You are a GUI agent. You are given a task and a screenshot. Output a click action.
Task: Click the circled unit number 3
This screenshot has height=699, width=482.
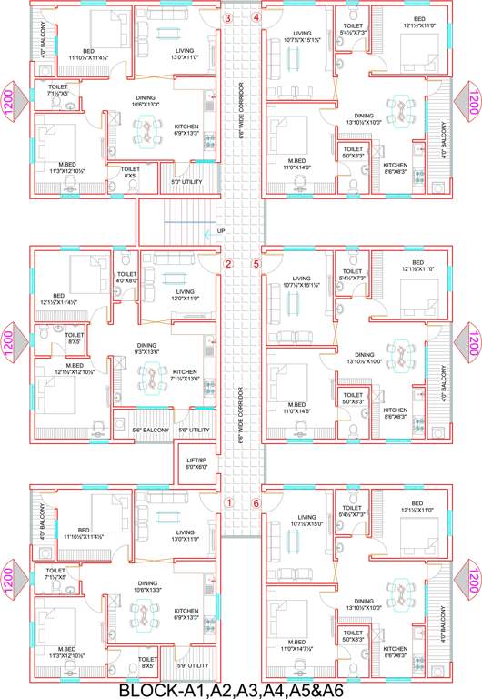[x=228, y=17]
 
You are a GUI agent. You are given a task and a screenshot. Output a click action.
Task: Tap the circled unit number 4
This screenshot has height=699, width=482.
[x=256, y=17]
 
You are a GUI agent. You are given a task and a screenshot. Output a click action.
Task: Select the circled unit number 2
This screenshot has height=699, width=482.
[x=229, y=265]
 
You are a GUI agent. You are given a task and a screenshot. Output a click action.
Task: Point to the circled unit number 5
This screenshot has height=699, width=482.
[x=256, y=265]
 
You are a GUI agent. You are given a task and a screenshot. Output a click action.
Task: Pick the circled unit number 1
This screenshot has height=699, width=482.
[x=229, y=502]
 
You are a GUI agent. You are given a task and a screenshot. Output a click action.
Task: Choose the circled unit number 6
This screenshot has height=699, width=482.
[x=256, y=502]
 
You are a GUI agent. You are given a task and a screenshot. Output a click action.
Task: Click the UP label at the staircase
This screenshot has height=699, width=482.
[x=221, y=232]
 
